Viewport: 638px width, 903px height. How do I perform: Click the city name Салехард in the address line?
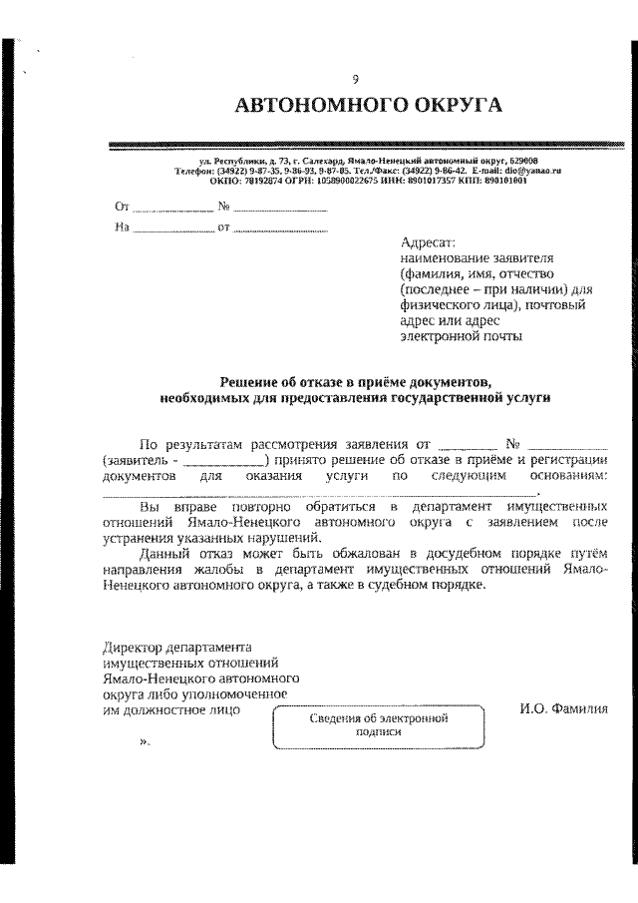click(x=304, y=160)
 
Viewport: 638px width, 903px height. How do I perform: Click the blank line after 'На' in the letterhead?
click(x=172, y=228)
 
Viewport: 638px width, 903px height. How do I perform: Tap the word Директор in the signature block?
click(x=132, y=648)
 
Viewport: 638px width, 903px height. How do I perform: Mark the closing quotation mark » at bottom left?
click(x=144, y=743)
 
